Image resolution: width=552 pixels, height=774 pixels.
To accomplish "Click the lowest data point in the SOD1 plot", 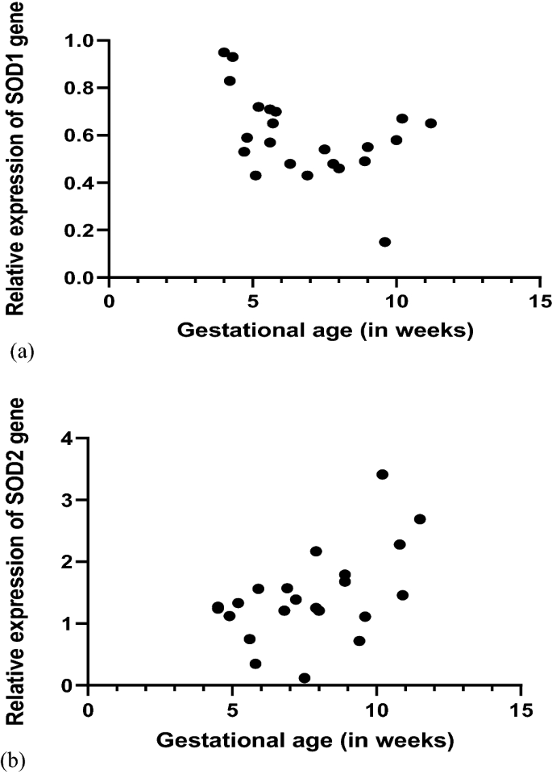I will coord(384,242).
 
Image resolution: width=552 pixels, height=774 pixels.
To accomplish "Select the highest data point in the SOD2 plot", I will coord(382,474).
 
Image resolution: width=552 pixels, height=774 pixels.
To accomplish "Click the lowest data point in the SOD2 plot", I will coord(304,678).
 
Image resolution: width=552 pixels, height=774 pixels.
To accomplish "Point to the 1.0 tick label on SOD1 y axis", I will coord(79,40).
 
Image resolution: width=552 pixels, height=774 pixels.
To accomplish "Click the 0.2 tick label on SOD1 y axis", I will coord(79,231).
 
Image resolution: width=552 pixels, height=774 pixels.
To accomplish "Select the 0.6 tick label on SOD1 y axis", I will coord(79,135).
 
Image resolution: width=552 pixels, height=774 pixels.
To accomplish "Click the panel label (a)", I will coord(19,351).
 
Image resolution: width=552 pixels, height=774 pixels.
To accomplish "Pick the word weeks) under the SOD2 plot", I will coord(426,739).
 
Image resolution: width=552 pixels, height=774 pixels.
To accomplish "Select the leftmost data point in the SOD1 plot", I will coord(224,52).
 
